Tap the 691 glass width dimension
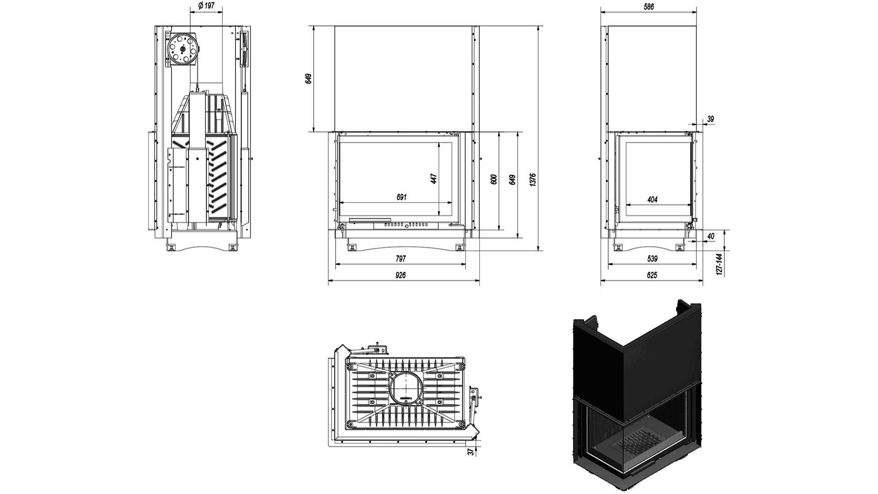[401, 197]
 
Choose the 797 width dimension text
[401, 259]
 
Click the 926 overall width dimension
[401, 275]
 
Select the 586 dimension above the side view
[648, 6]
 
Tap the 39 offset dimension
[710, 119]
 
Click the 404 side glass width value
[653, 199]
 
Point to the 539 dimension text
[653, 259]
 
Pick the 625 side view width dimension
[652, 275]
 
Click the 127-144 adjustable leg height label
[719, 264]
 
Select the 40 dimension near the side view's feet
[710, 236]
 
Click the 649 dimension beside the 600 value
[512, 179]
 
